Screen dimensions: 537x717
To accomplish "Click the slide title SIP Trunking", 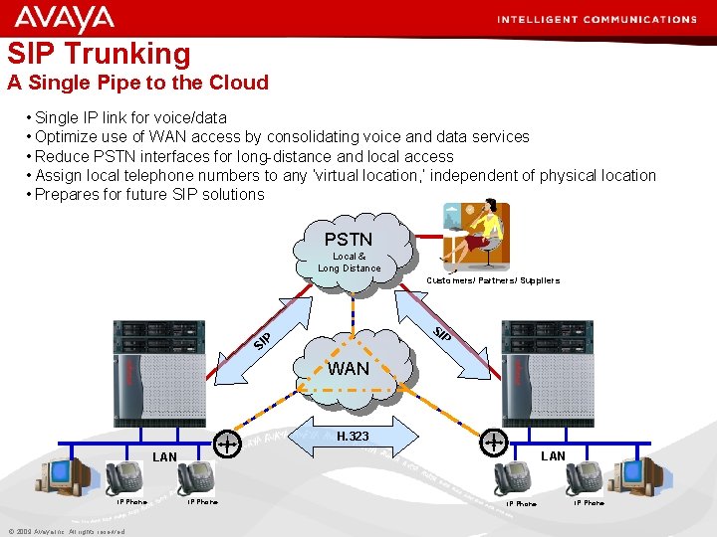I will pyautogui.click(x=99, y=53).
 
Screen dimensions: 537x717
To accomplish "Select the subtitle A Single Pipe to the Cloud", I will pyautogui.click(x=138, y=83).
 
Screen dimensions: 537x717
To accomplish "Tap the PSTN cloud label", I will pyautogui.click(x=349, y=240).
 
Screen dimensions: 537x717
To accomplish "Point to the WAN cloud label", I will pyautogui.click(x=349, y=369).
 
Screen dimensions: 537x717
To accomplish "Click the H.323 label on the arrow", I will pyautogui.click(x=353, y=437).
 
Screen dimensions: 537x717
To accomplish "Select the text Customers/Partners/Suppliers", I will pyautogui.click(x=493, y=280).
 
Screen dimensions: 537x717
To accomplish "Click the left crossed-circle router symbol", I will pyautogui.click(x=228, y=442).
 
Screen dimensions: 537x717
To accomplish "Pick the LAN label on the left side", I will pyautogui.click(x=164, y=457).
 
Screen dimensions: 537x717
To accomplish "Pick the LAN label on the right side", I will pyautogui.click(x=553, y=456).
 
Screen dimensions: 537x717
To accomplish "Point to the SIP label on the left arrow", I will pyautogui.click(x=262, y=340).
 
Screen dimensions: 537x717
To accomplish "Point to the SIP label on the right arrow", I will pyautogui.click(x=442, y=334).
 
